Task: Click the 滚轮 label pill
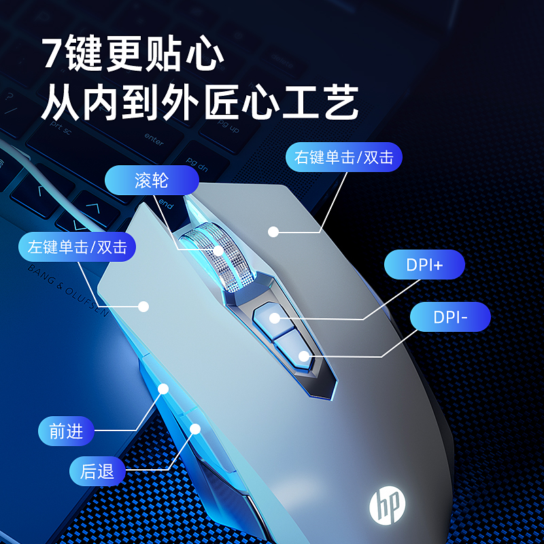152,180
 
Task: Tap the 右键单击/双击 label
344,157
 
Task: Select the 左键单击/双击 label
77,246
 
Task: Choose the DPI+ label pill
424,265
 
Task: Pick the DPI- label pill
450,317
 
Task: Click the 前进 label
66,430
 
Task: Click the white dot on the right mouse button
273,232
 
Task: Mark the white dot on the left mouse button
143,307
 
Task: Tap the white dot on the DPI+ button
274,318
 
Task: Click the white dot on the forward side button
163,388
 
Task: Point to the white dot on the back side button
196,428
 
